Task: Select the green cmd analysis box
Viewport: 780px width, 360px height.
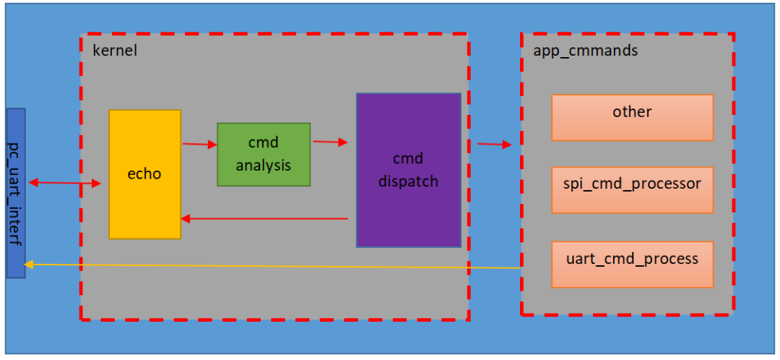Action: pyautogui.click(x=264, y=154)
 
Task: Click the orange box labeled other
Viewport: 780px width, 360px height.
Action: pyautogui.click(x=632, y=117)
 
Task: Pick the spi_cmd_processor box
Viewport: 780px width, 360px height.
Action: pyautogui.click(x=632, y=189)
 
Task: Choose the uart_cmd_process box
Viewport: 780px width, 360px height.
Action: pyautogui.click(x=632, y=264)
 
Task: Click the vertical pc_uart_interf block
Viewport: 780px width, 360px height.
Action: pyautogui.click(x=16, y=192)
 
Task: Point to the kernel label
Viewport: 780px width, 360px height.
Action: pyautogui.click(x=115, y=51)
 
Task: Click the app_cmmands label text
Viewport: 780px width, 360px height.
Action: pyautogui.click(x=585, y=51)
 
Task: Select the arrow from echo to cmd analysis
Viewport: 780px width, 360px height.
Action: pyautogui.click(x=199, y=145)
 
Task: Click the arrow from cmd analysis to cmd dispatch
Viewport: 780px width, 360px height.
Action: pyautogui.click(x=329, y=142)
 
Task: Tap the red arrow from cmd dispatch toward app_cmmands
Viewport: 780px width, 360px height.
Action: pyautogui.click(x=494, y=145)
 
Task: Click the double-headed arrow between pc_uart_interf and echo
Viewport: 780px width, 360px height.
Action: pyautogui.click(x=64, y=184)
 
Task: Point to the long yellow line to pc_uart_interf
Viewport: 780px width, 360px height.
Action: pyautogui.click(x=274, y=265)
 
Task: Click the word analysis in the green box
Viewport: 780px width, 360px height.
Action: pyautogui.click(x=263, y=166)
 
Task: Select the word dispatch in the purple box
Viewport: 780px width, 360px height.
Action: pyautogui.click(x=408, y=181)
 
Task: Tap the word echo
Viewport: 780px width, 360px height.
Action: pyautogui.click(x=144, y=173)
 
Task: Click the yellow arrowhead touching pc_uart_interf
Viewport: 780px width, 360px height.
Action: pyautogui.click(x=29, y=264)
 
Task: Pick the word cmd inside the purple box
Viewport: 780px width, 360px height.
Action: pyautogui.click(x=408, y=158)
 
